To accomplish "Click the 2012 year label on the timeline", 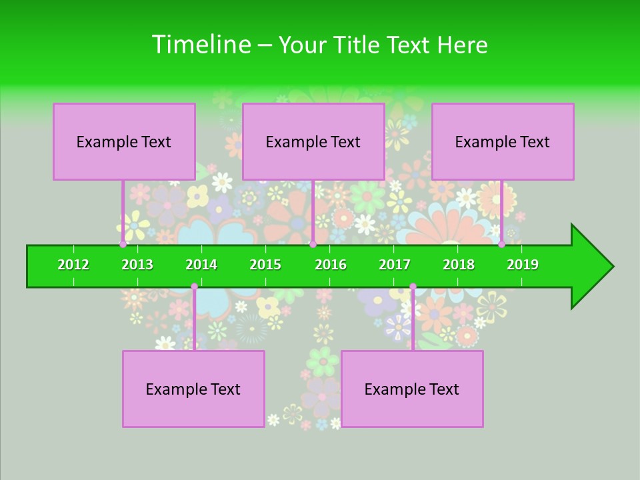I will (73, 265).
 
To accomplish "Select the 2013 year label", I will (137, 265).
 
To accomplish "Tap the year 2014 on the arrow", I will (201, 265).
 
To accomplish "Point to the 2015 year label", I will (265, 265).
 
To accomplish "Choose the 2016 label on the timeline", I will (331, 265).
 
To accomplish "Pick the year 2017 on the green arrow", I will (395, 265).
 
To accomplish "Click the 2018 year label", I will (459, 265).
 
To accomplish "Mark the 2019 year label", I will (523, 265).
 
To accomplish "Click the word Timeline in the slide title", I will (200, 45).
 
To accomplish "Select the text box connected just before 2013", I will (124, 141).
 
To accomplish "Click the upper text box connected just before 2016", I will (313, 141).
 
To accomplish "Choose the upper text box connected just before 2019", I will (503, 141).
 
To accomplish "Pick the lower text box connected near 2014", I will (193, 389).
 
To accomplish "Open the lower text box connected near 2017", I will (412, 389).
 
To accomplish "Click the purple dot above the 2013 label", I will (123, 244).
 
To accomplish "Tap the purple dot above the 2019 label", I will (501, 244).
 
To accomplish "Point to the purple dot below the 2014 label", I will (194, 287).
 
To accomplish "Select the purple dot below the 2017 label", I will (413, 287).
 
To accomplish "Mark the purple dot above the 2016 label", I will (313, 244).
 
